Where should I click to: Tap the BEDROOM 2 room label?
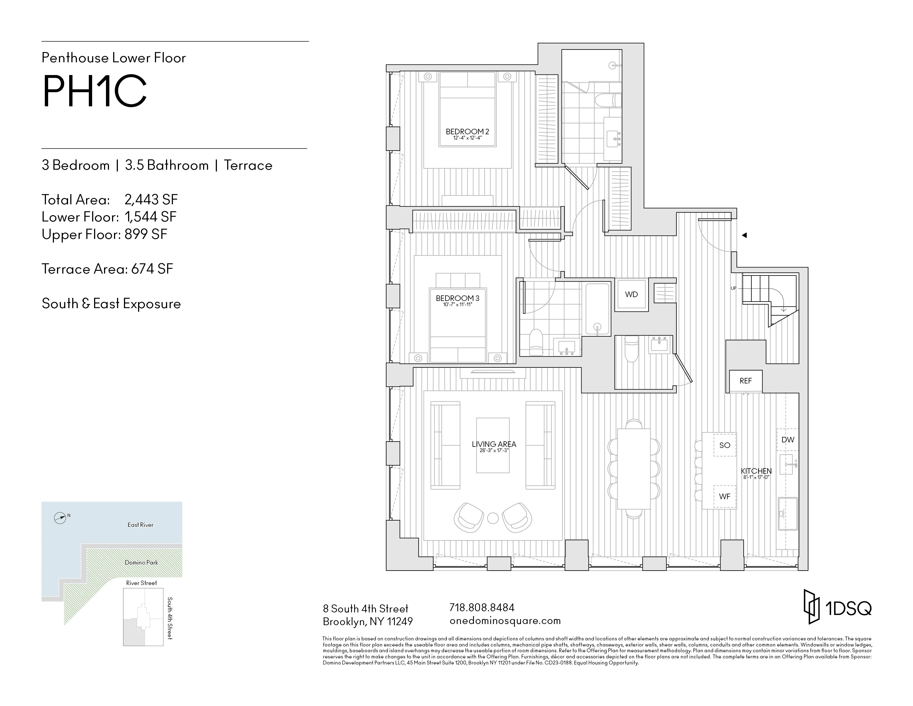click(467, 132)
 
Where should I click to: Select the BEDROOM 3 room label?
click(457, 298)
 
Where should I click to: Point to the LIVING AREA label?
click(494, 444)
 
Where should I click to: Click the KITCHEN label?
click(756, 471)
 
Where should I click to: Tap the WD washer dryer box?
click(631, 295)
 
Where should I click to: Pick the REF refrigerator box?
click(745, 381)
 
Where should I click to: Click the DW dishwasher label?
click(788, 440)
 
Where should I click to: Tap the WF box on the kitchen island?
click(725, 496)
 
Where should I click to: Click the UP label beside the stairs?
click(733, 288)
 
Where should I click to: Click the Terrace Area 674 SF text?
click(107, 269)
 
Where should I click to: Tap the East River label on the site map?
click(141, 525)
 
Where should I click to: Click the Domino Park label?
click(141, 563)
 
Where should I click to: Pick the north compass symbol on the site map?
click(60, 518)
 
